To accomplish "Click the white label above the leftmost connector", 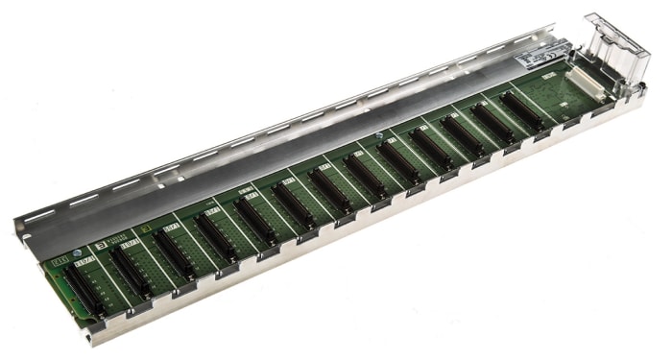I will (83, 258).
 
